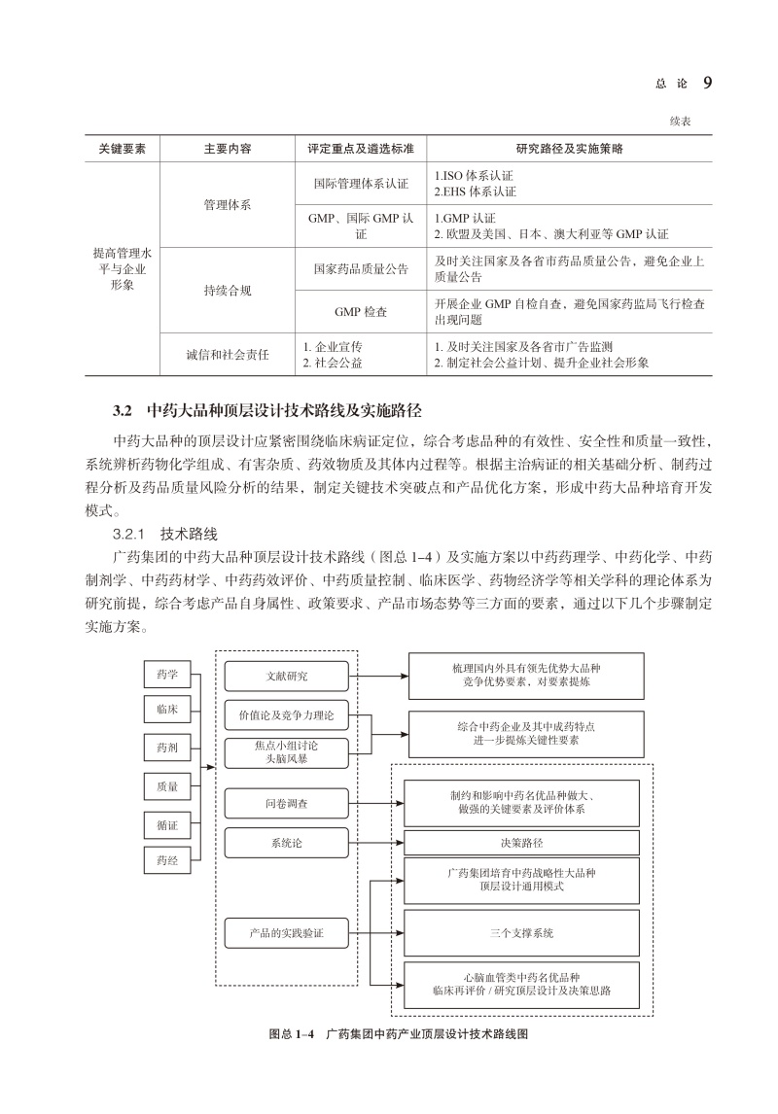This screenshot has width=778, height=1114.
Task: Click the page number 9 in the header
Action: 707,84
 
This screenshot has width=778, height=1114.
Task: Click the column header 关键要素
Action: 122,150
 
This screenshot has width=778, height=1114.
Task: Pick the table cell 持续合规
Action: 228,291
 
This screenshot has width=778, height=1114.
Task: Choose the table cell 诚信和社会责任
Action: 228,354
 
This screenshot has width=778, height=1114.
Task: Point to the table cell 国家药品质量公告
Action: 361,269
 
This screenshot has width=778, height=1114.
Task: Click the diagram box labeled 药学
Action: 166,674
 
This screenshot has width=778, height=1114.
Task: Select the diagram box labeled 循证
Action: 166,825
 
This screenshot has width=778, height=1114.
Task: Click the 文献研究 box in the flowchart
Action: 286,676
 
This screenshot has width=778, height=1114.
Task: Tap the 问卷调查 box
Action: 286,803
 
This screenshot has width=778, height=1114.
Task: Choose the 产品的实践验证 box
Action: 286,934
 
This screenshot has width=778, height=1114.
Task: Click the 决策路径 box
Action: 521,841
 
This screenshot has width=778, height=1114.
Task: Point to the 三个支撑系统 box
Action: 521,933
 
